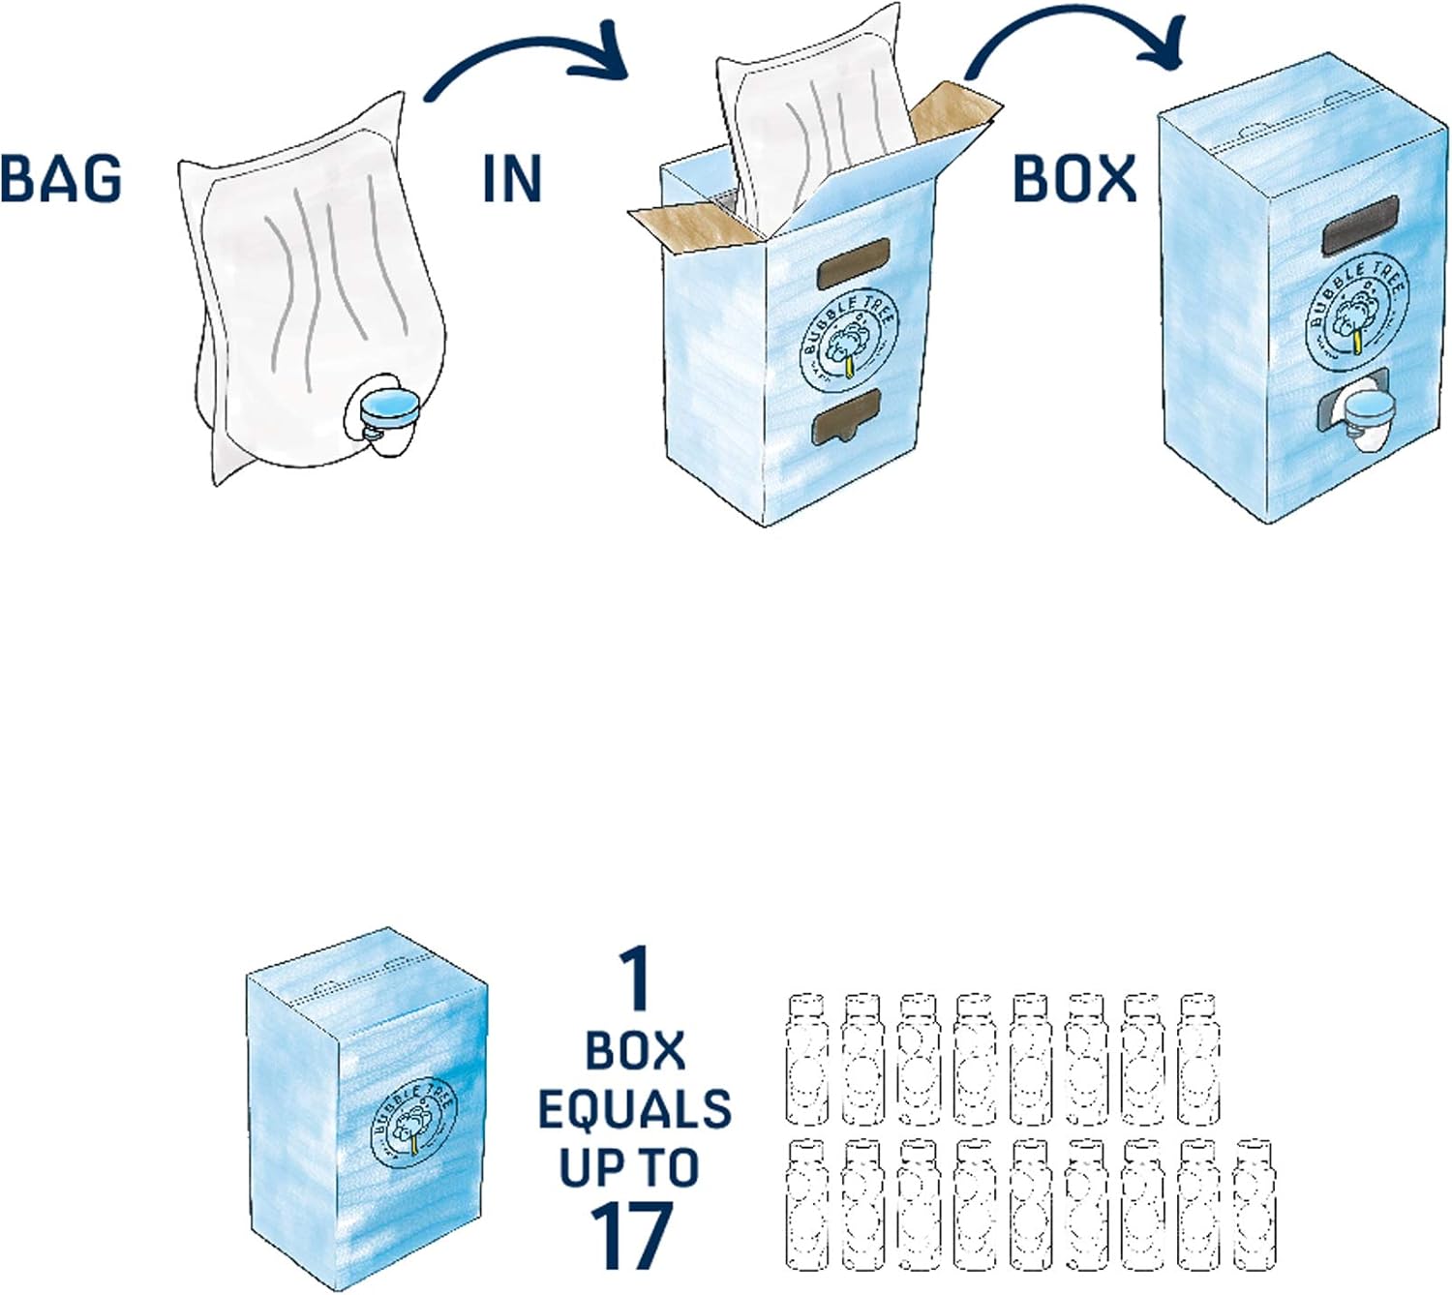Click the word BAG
(61, 179)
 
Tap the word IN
(511, 179)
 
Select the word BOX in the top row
(1074, 179)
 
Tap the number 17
(632, 1235)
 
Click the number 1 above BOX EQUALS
(635, 979)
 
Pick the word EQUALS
(634, 1109)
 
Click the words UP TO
(630, 1167)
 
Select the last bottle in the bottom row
(1255, 1204)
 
